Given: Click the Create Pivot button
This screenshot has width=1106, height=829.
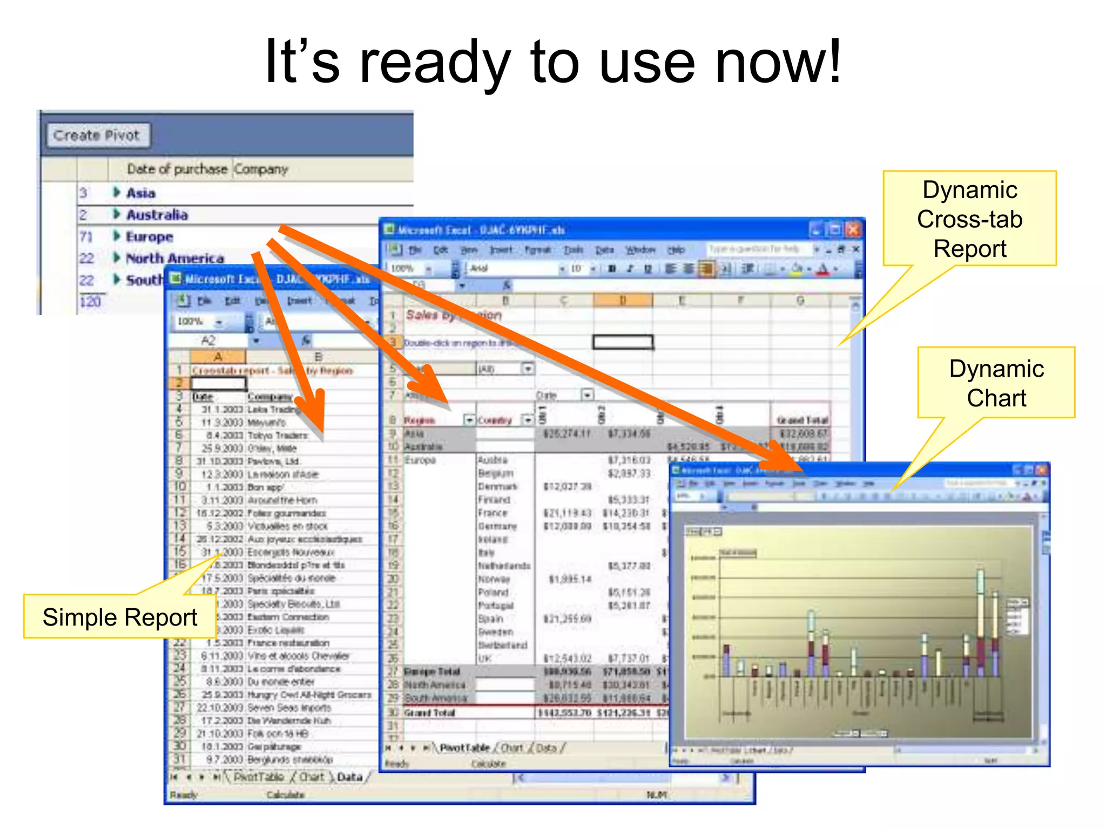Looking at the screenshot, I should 97,135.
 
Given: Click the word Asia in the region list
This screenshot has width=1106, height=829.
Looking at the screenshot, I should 140,193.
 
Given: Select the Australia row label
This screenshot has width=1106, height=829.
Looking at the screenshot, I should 157,215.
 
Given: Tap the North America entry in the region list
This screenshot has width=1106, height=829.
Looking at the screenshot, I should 174,259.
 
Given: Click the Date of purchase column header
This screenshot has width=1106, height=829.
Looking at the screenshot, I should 177,169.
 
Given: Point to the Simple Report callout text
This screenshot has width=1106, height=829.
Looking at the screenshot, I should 120,617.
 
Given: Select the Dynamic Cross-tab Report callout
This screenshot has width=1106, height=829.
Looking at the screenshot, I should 969,219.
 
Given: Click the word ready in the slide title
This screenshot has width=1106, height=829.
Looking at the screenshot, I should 434,64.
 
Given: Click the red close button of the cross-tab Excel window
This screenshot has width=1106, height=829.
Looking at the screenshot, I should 853,230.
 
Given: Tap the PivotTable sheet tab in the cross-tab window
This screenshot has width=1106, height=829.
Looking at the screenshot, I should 464,748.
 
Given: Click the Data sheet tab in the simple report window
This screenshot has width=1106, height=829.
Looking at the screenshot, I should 349,777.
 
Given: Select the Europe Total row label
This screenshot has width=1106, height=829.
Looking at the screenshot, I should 432,672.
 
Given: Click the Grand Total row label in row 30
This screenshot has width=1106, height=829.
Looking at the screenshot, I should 430,713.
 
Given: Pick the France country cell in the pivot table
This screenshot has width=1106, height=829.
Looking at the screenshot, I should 493,513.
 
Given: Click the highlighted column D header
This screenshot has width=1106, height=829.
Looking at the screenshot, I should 623,301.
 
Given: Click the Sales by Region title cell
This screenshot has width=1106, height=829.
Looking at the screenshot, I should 454,315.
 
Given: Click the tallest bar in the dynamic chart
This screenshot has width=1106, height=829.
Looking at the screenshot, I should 980,621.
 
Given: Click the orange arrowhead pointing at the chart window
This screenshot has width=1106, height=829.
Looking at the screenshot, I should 783,456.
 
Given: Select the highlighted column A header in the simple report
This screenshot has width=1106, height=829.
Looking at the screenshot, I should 218,357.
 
